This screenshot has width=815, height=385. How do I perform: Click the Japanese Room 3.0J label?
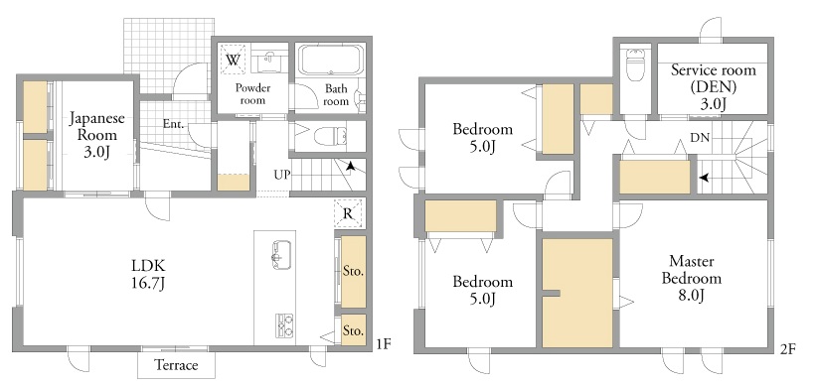coord(97,134)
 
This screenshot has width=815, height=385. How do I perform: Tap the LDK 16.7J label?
coord(148,275)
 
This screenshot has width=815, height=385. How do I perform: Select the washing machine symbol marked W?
coord(233,60)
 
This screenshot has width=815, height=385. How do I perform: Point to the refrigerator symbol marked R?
coord(348,213)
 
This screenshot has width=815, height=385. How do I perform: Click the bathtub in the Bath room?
coord(331,61)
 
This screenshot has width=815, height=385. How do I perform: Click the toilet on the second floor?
coord(635,64)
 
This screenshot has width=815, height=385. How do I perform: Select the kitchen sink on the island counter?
coord(281,255)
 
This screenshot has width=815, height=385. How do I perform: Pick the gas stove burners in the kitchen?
coord(284,325)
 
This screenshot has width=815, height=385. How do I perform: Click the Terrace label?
coord(177,365)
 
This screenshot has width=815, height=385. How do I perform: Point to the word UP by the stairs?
coord(282,175)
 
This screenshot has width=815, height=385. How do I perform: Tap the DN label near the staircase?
coord(699,138)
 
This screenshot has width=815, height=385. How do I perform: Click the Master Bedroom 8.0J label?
coord(691,278)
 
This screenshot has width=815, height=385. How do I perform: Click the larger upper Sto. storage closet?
coord(354,271)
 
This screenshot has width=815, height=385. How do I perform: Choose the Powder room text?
coord(252,93)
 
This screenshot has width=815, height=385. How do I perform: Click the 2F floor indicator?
coord(787,349)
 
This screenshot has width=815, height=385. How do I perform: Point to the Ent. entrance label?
coord(173,124)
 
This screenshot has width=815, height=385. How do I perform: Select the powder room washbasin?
coord(268,61)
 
